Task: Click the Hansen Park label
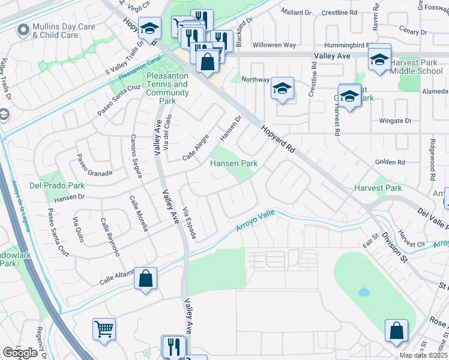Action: (x=234, y=163)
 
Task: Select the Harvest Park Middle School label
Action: (x=417, y=67)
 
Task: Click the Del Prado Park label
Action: (x=56, y=185)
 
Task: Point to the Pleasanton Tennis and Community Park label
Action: (x=167, y=89)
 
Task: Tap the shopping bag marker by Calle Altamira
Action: (x=145, y=278)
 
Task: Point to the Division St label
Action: (x=394, y=247)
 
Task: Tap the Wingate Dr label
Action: (x=395, y=121)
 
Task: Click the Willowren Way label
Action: (x=274, y=45)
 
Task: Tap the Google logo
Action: (x=20, y=353)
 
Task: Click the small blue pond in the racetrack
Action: (x=363, y=293)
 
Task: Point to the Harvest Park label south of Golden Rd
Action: (x=378, y=188)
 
